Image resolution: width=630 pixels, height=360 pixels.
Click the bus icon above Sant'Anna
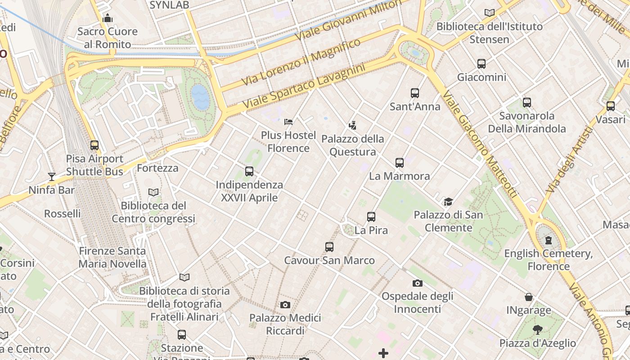415,93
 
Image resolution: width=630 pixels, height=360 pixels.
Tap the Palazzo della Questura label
353,145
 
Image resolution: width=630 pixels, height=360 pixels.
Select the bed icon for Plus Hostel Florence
288,121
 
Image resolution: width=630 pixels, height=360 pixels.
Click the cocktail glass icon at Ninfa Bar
52,176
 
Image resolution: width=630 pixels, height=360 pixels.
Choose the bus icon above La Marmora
400,162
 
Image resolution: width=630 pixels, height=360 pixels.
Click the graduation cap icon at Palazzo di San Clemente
448,202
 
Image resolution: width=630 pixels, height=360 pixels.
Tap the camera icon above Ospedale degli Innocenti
418,283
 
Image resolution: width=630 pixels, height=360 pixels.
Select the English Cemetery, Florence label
549,260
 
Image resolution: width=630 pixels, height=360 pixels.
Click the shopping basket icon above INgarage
529,297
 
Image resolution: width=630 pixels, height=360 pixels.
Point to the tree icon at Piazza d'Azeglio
537,330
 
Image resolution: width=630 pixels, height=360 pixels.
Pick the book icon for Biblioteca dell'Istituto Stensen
490,13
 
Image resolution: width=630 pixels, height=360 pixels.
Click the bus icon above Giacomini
481,64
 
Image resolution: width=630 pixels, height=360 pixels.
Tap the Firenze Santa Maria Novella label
112,257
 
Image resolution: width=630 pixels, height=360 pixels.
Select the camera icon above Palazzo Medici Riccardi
285,305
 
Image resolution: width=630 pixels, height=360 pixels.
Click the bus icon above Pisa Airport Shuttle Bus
94,145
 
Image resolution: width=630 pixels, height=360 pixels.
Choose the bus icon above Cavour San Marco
329,247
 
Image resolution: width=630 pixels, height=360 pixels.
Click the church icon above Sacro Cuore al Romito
108,18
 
